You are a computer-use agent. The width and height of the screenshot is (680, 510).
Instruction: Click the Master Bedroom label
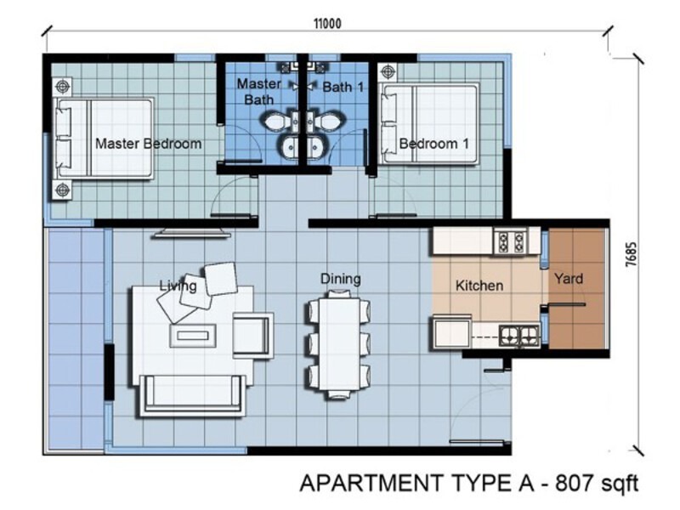tap(148, 144)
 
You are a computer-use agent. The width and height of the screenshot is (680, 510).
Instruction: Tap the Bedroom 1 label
tap(433, 144)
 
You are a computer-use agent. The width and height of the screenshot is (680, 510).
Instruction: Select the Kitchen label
tap(479, 286)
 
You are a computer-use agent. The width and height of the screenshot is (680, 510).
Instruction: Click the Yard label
tap(569, 278)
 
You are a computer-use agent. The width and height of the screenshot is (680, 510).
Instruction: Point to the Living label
tap(178, 286)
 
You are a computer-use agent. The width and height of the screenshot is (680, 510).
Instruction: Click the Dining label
tap(340, 279)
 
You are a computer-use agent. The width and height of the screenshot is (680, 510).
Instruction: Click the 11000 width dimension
tap(326, 24)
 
